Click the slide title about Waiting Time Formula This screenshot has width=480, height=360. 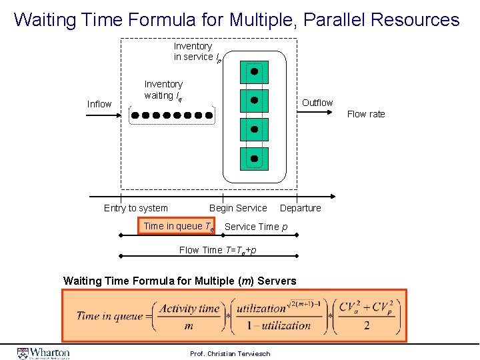tap(237, 19)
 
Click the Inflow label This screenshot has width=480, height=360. tap(99, 104)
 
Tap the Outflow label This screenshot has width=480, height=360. tap(317, 103)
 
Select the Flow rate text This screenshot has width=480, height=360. tap(366, 114)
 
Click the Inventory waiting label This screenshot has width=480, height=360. tap(163, 89)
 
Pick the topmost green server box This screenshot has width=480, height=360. tap(254, 72)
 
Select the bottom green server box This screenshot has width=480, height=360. tap(254, 159)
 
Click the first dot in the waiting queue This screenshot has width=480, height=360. tap(135, 115)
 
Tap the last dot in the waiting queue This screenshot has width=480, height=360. tap(209, 115)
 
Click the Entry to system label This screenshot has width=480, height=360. tap(136, 208)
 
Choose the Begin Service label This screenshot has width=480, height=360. tap(238, 208)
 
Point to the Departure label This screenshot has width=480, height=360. tap(300, 208)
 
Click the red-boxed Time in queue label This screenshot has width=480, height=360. tap(177, 227)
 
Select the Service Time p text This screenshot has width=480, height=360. tap(256, 227)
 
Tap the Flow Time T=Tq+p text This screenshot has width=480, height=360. tap(217, 250)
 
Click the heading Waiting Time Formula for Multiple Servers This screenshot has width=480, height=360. tap(179, 281)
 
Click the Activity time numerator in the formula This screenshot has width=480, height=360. tap(190, 309)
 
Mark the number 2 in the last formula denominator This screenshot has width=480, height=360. tap(367, 326)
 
